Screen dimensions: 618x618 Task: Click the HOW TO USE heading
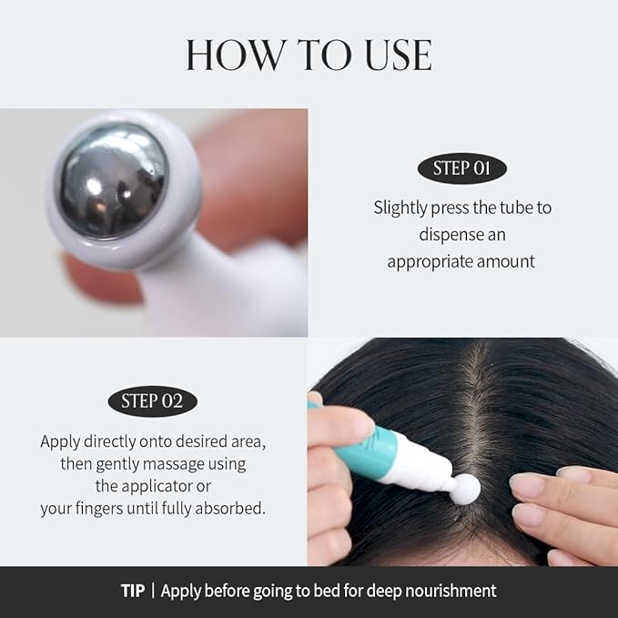coord(309,56)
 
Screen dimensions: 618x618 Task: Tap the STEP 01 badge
coord(461,168)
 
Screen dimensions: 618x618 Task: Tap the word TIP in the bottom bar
coord(133,592)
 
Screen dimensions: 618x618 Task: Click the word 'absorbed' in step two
coord(232,509)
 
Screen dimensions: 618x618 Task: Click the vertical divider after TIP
coord(153,592)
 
